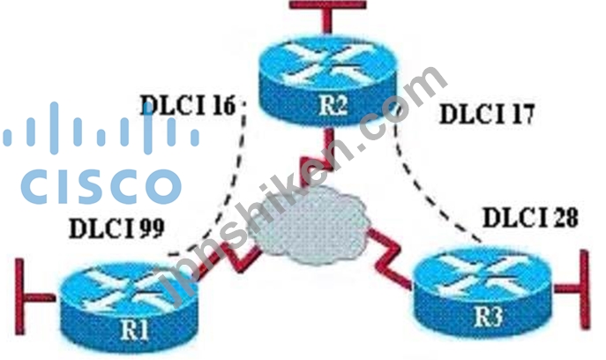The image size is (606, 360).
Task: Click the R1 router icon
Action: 128,307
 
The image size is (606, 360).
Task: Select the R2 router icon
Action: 328,80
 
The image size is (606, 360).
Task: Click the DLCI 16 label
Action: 187,105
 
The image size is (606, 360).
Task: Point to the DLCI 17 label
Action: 487,114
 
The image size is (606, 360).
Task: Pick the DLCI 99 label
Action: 116,228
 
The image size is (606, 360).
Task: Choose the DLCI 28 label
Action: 531,217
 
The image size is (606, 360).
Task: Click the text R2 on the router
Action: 333,105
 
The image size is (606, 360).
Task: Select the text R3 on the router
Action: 489,316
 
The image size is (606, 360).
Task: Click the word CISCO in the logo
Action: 101,186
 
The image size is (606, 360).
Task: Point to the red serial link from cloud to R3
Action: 388,257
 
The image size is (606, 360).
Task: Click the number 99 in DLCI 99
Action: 152,228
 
